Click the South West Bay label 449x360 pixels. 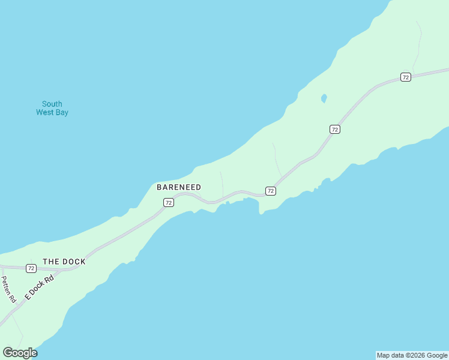click(52, 108)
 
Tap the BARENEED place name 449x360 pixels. click(179, 187)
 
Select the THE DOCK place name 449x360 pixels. click(64, 262)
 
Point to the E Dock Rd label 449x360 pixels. click(39, 287)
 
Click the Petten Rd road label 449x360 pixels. click(7, 289)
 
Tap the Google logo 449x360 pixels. click(20, 353)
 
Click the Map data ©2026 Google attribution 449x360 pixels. click(412, 355)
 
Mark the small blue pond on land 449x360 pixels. click(324, 98)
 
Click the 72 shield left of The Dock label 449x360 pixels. click(31, 268)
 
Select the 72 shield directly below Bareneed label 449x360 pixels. click(169, 203)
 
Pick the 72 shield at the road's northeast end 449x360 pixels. click(406, 77)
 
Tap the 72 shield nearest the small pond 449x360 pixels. click(335, 129)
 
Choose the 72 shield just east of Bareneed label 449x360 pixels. click(271, 191)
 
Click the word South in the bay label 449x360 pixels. click(52, 104)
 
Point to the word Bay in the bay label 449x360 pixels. click(61, 112)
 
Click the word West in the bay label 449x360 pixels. click(45, 112)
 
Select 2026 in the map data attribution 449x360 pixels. click(416, 355)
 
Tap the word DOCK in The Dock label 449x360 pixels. click(73, 262)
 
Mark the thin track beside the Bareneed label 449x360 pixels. click(222, 183)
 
